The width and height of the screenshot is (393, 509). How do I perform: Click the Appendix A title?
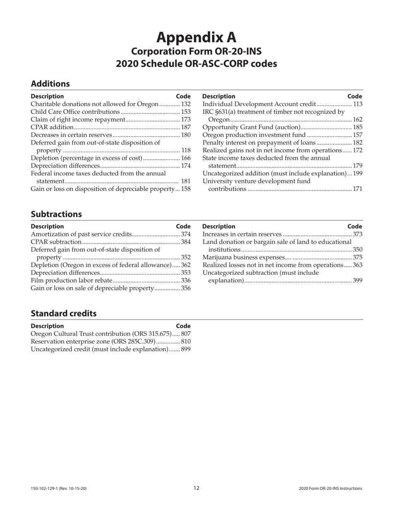196,38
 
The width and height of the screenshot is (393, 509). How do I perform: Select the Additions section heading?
50,84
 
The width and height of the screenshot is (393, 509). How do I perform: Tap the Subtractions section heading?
56,214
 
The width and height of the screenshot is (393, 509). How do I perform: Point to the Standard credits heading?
64,313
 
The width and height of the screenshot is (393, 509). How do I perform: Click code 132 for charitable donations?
186,104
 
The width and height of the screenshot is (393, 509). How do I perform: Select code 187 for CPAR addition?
186,127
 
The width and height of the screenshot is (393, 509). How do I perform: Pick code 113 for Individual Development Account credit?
357,104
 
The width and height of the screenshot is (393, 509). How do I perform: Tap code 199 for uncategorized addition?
357,173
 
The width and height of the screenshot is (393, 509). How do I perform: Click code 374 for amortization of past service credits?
186,234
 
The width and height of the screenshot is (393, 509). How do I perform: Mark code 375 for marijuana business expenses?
357,257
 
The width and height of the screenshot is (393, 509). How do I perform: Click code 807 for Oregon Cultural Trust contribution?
186,334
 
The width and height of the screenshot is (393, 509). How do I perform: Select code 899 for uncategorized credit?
186,349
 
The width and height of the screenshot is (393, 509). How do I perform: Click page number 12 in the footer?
196,488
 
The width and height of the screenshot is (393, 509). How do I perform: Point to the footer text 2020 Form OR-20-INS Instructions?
330,488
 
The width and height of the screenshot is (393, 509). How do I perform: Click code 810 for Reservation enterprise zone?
186,341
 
